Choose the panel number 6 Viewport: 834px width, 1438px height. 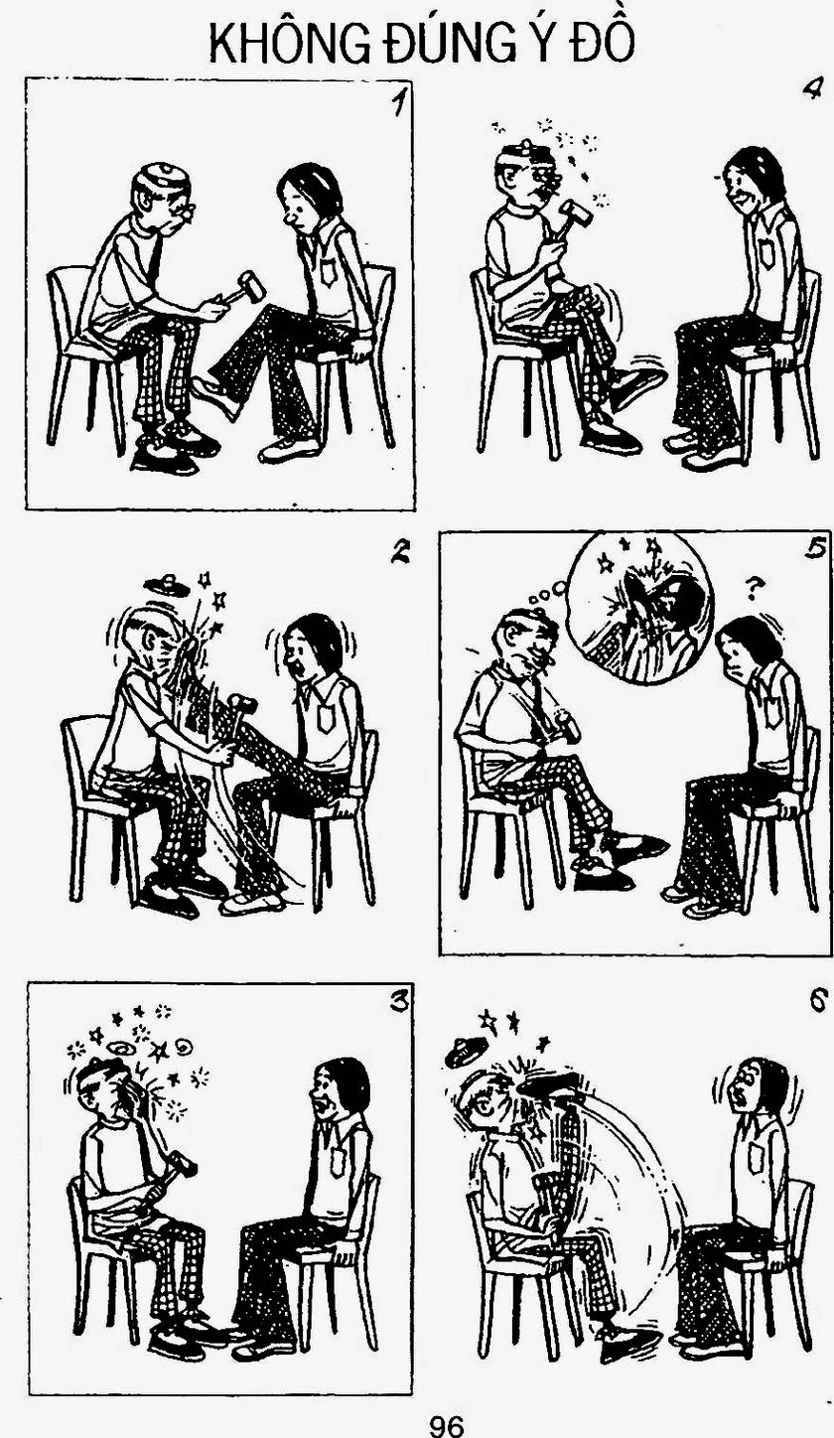tap(817, 1001)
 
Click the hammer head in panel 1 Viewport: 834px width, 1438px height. tap(252, 286)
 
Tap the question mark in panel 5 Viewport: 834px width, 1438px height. tap(756, 586)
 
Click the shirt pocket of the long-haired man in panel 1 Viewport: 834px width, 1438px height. tap(328, 271)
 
